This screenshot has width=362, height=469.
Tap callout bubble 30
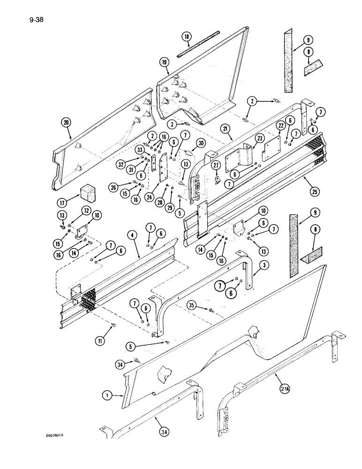click(x=201, y=144)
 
